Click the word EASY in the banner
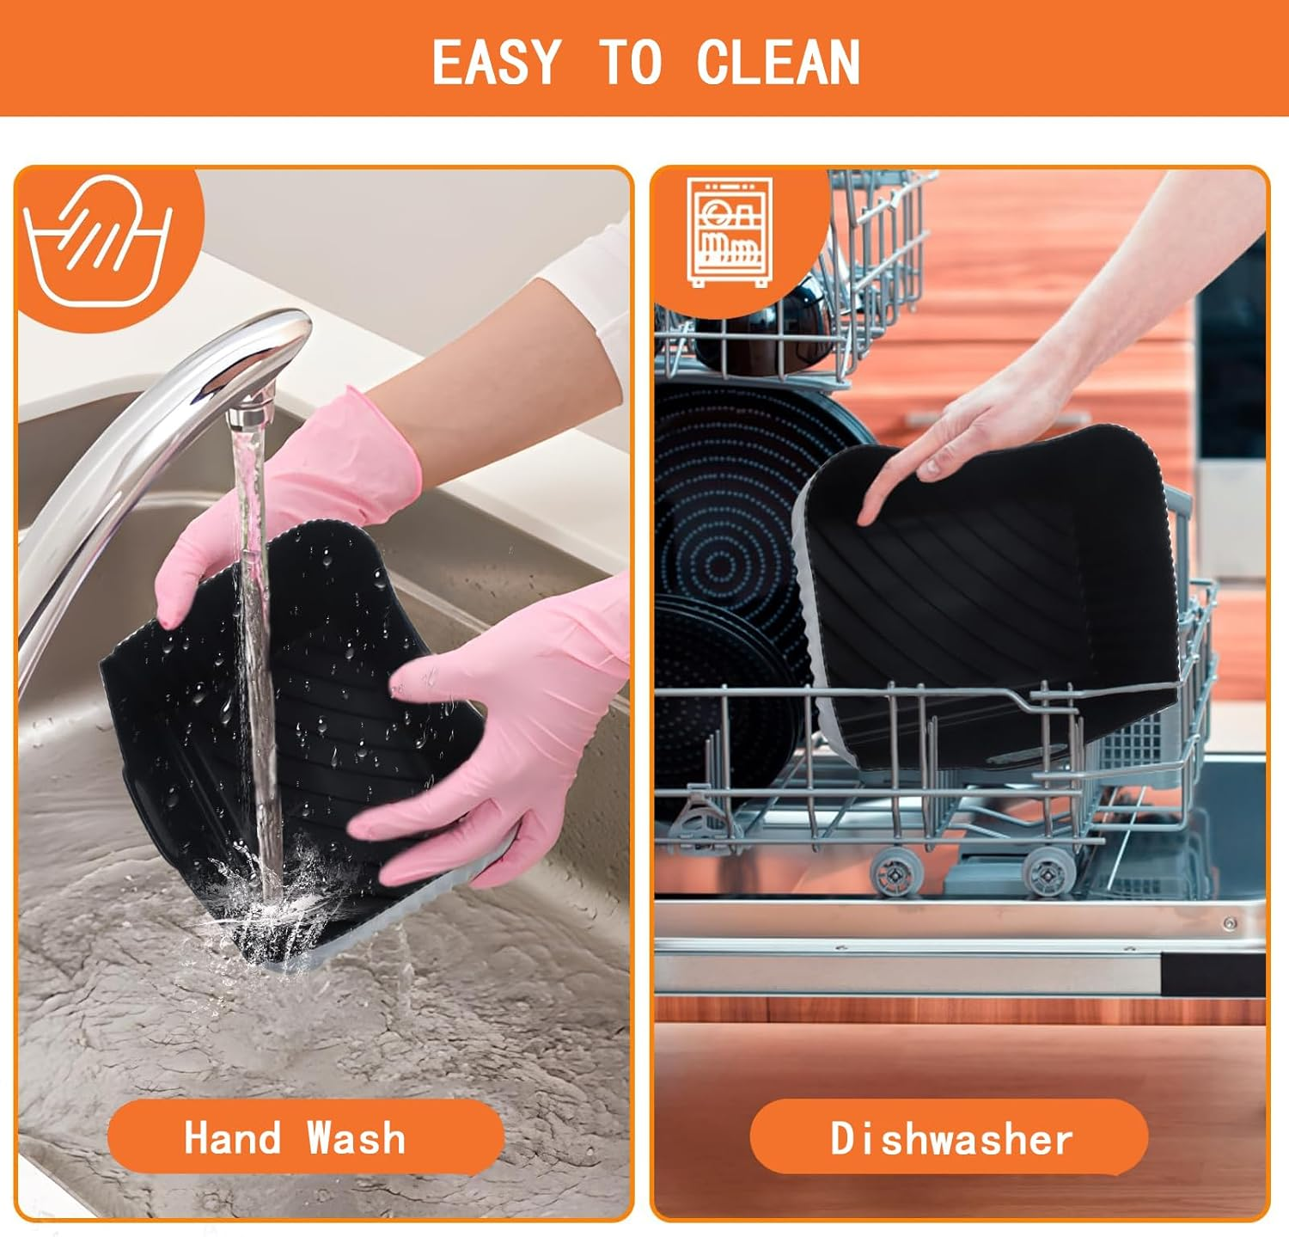496,62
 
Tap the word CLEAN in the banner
779,62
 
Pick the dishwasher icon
730,232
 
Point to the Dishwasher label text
951,1139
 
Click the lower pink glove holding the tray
498,739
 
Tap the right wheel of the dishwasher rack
1049,872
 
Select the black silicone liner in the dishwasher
988,602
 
